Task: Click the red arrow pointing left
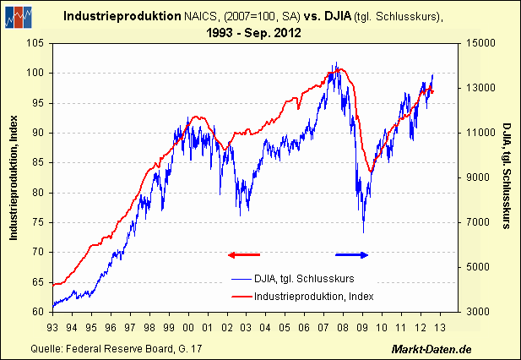coord(243,254)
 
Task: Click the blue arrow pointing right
coord(352,254)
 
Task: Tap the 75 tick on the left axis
coord(37,222)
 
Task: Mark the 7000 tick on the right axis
coord(478,222)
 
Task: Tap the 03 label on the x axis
coord(247,327)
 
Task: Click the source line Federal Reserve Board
coord(117,349)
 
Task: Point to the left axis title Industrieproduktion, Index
coord(14,177)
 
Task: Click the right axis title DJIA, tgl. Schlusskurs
coord(505,177)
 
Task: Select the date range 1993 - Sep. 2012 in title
coord(260,33)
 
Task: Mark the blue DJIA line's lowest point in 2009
coord(363,232)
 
